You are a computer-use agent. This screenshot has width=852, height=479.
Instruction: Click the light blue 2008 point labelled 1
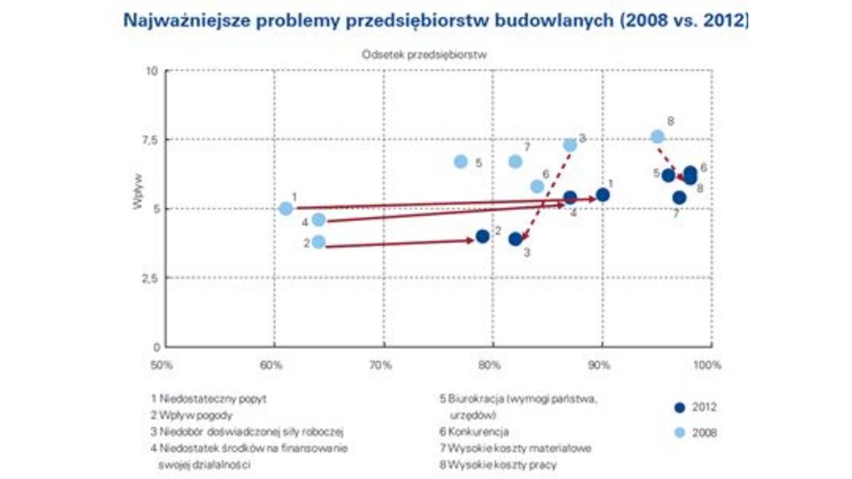click(x=285, y=209)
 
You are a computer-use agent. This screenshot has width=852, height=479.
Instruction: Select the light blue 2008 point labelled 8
click(x=657, y=136)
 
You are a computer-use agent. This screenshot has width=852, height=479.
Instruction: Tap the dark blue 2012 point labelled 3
click(x=515, y=239)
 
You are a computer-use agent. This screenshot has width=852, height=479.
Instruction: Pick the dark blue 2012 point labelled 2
click(x=483, y=236)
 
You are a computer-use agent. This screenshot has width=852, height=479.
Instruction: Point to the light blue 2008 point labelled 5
click(x=461, y=162)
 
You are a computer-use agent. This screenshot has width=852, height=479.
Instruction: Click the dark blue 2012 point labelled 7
click(x=679, y=198)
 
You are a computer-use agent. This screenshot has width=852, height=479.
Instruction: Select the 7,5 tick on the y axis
click(x=151, y=140)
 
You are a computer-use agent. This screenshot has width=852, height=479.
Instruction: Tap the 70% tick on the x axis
click(x=381, y=366)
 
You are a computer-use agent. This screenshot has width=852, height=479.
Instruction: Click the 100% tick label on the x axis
click(x=707, y=366)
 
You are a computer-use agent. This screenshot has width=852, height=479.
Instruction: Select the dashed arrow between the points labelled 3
click(x=547, y=192)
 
